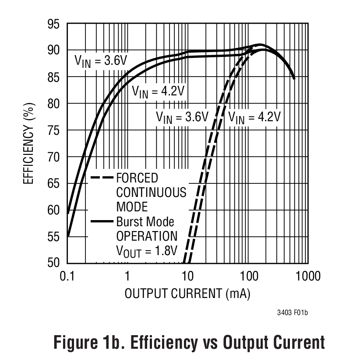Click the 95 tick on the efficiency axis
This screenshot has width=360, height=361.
tap(53, 24)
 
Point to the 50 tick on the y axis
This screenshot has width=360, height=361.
tap(53, 263)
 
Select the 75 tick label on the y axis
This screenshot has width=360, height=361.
tap(53, 130)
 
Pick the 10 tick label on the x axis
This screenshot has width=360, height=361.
tap(187, 277)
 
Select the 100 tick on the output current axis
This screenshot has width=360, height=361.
tap(248, 277)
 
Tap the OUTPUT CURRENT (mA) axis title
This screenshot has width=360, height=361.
tap(187, 294)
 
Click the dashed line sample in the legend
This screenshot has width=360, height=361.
tap(102, 179)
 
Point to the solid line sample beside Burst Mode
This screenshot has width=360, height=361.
tap(102, 222)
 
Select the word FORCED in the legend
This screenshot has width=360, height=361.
tap(137, 179)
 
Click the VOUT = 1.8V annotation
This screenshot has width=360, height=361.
tap(146, 250)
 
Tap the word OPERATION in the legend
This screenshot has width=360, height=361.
tap(146, 236)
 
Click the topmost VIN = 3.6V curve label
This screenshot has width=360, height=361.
tap(100, 60)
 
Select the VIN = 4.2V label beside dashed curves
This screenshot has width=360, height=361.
tap(254, 117)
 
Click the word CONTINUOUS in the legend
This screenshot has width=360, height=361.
tap(151, 193)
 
